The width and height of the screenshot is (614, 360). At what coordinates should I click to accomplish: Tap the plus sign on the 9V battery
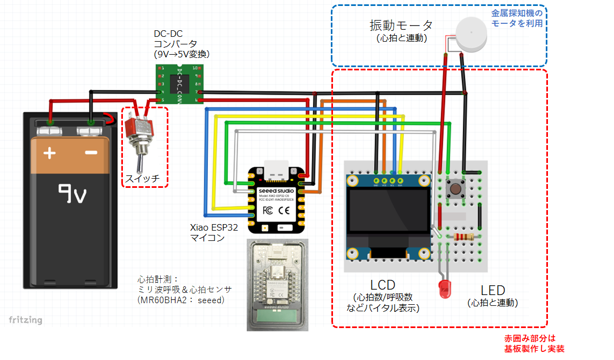49,153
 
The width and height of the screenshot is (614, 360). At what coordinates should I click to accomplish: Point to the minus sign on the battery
91,153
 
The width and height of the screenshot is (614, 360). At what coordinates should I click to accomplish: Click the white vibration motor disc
471,34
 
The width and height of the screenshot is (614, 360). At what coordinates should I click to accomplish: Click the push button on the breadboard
456,189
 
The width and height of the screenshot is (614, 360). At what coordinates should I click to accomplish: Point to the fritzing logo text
25,320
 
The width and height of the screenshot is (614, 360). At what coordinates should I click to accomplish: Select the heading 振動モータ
401,25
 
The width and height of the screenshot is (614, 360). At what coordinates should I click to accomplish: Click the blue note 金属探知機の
516,13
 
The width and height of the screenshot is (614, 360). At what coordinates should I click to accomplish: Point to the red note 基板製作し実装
533,349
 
